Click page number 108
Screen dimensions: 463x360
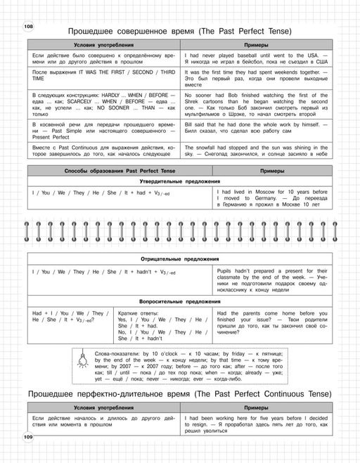click(x=29, y=27)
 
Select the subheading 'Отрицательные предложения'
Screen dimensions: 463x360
click(x=180, y=259)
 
